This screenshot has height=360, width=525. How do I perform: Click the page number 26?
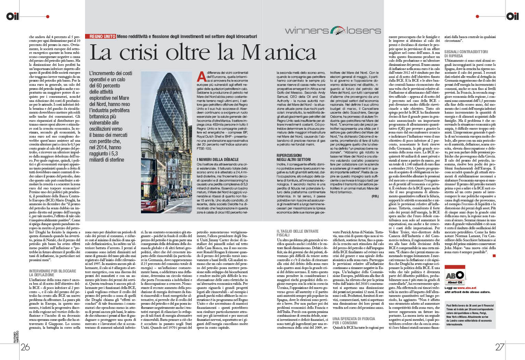25,347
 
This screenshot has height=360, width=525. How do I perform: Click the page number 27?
500,347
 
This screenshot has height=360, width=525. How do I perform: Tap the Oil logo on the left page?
12,16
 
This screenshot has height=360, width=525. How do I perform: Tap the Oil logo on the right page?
512,16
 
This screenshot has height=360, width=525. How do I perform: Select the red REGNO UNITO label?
103,36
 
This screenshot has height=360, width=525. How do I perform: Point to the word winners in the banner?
307,31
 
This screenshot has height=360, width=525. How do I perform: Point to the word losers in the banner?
363,31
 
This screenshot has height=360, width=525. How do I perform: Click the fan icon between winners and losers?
338,31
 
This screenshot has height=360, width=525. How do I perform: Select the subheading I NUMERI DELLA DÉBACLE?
218,160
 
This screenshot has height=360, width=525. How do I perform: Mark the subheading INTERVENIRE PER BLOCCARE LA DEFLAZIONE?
52,273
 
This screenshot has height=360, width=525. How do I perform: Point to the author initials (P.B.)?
375,196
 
